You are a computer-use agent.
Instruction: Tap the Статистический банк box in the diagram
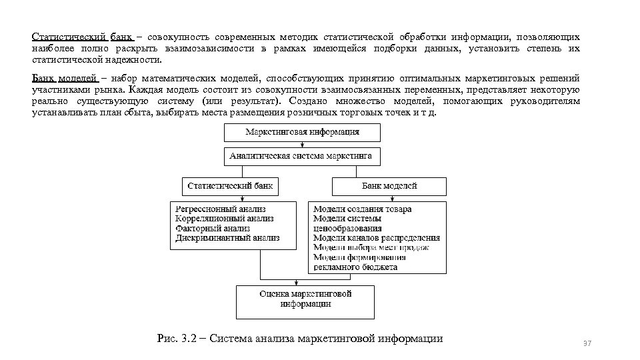tap(230, 185)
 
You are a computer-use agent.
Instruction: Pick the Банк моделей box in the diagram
tap(389, 185)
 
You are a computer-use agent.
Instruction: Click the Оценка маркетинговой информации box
tap(305, 299)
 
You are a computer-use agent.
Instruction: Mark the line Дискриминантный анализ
tap(227, 237)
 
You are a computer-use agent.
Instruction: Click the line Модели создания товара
tap(362, 209)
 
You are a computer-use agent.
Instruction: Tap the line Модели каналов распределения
tap(376, 237)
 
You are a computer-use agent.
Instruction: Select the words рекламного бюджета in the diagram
tap(355, 267)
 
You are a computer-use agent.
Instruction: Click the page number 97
tap(587, 343)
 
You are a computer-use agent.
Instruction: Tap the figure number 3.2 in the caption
tap(189, 338)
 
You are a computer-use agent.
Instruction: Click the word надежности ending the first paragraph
tap(133, 59)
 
